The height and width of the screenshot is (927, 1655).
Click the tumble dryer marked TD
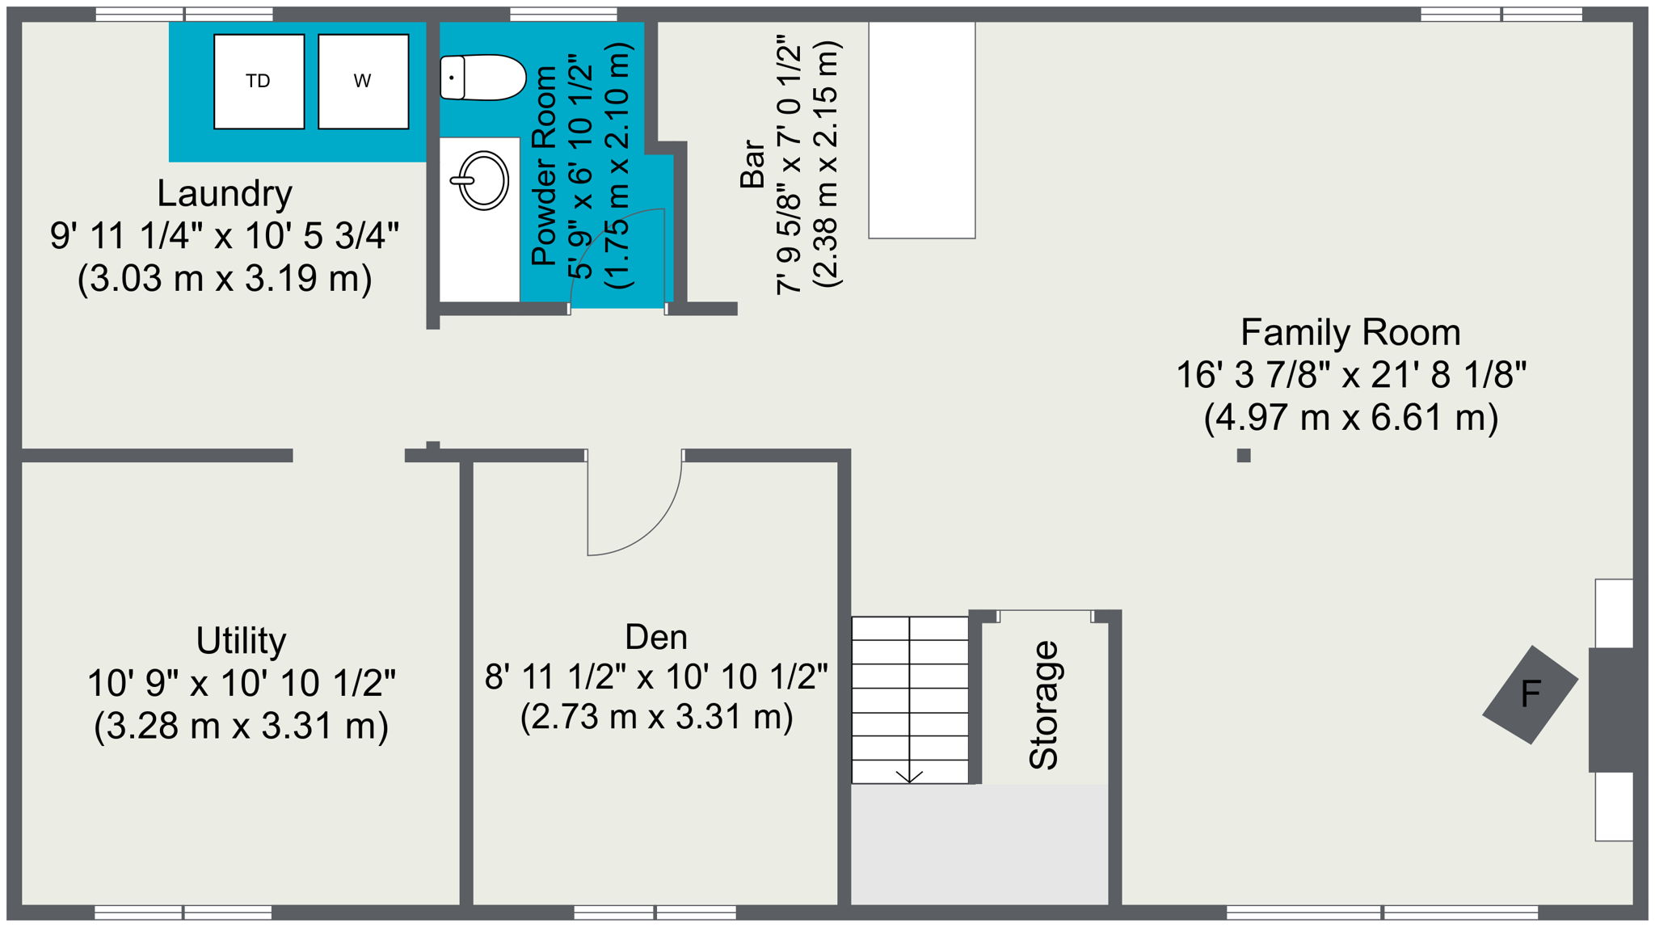click(x=259, y=81)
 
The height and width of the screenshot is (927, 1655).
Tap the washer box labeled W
click(x=363, y=81)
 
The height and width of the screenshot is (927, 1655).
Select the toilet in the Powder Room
click(x=482, y=78)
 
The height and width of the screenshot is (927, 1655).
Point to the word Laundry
click(x=225, y=194)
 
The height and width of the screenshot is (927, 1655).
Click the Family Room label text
click(x=1350, y=333)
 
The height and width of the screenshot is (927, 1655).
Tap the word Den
click(x=656, y=638)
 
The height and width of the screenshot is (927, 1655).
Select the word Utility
click(x=241, y=641)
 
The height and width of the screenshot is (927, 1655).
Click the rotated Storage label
click(x=1043, y=705)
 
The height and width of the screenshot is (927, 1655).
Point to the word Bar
click(x=752, y=164)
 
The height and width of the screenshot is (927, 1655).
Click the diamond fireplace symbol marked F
click(x=1530, y=694)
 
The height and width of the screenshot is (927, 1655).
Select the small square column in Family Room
click(x=1244, y=456)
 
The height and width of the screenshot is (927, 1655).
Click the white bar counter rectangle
click(x=921, y=129)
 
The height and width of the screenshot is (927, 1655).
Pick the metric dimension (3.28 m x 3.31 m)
click(x=241, y=726)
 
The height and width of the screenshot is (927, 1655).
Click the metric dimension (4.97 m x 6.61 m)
click(x=1350, y=418)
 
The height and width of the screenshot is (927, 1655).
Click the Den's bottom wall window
click(x=655, y=912)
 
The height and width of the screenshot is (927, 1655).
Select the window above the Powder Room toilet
click(x=563, y=14)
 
